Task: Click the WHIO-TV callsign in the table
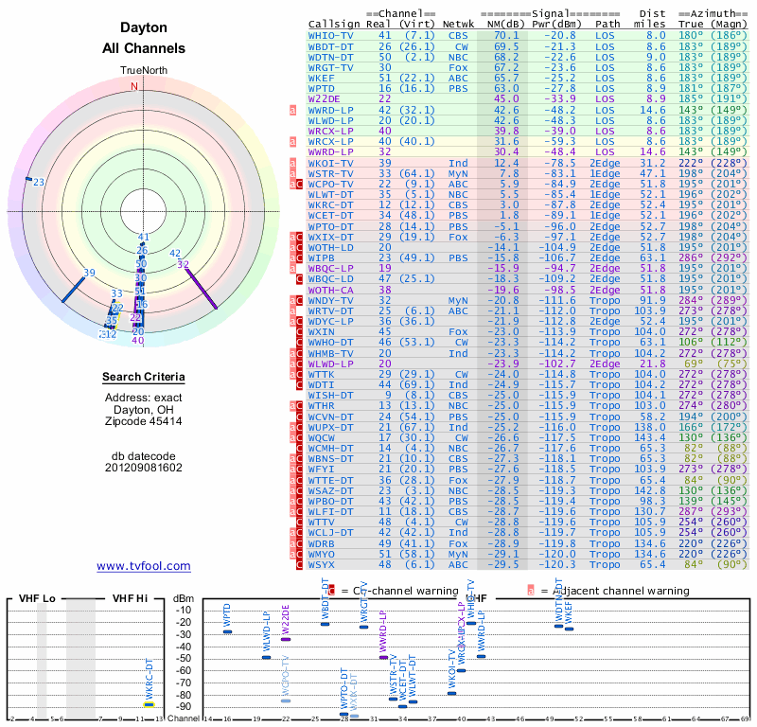pos(331,35)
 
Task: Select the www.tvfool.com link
pos(144,566)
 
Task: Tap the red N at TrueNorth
pos(134,86)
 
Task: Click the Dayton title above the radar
pos(144,28)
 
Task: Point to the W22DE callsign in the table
pos(325,98)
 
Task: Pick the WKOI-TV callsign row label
pos(331,163)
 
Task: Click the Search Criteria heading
pos(144,378)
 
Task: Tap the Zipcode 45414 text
pos(144,421)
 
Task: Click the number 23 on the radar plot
pos(39,182)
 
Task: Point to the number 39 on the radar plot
pos(90,273)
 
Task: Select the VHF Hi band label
pos(131,598)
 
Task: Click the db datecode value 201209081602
pos(144,467)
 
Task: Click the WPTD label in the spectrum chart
pos(227,613)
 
